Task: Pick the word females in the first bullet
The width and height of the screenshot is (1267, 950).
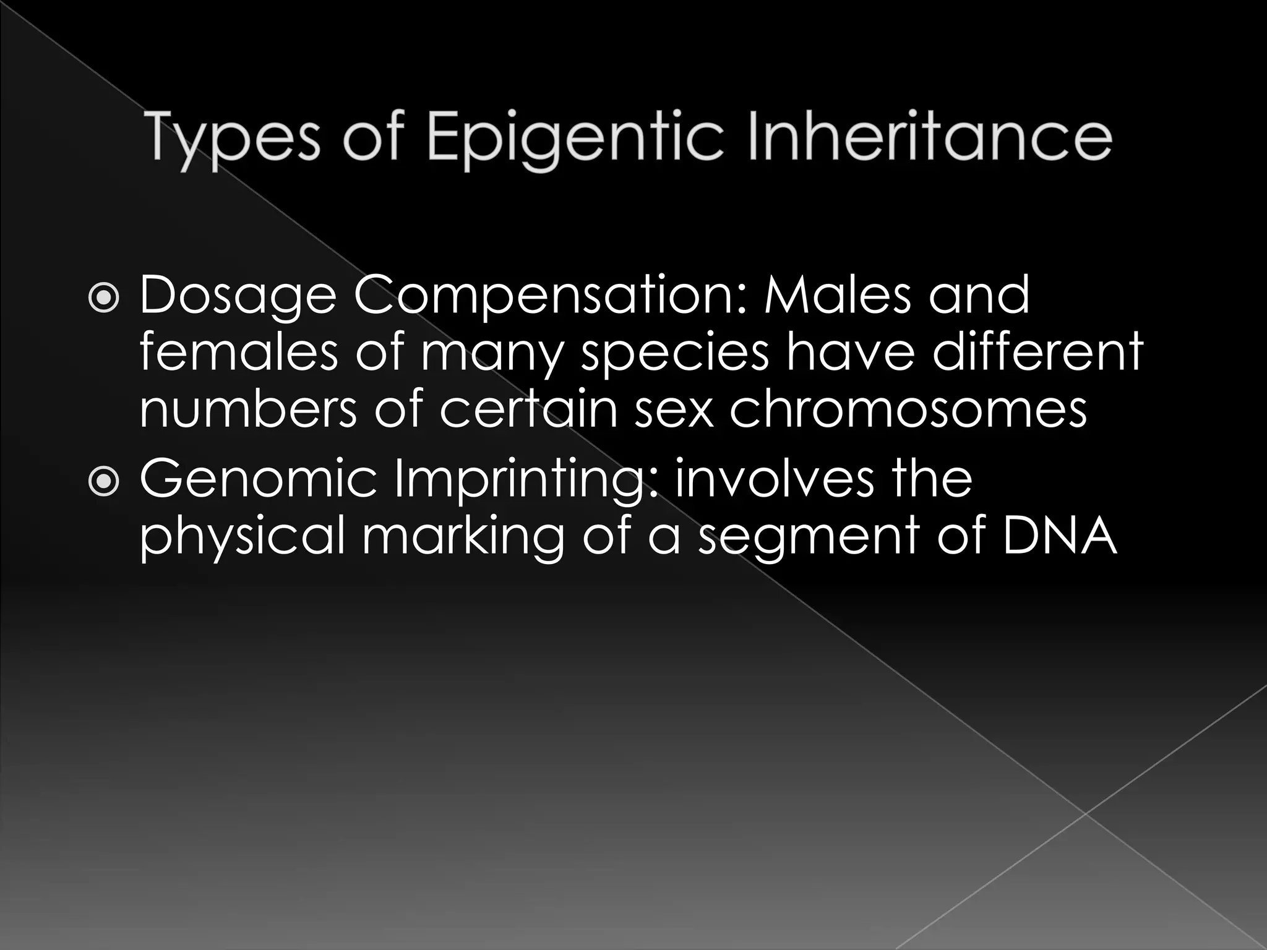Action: (238, 351)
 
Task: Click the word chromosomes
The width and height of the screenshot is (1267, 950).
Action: (908, 408)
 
